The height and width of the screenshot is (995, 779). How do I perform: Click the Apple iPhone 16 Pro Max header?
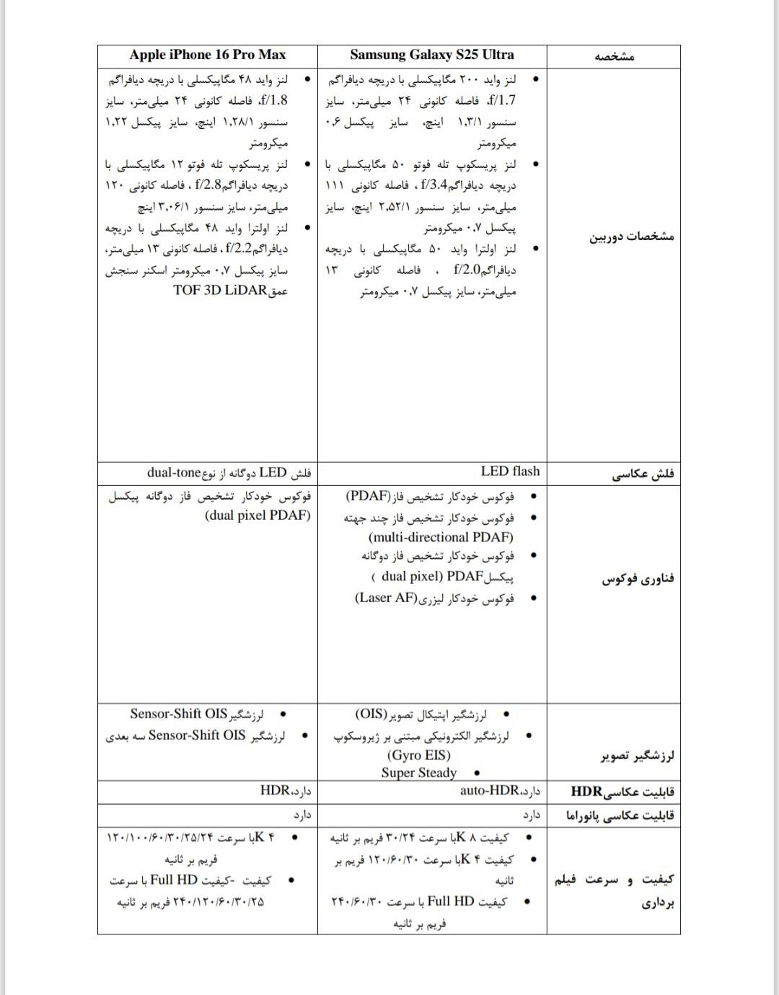208,55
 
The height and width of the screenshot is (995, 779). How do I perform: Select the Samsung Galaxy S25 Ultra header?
432,55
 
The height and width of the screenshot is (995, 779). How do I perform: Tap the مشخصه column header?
614,56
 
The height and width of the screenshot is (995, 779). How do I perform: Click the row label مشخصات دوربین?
632,236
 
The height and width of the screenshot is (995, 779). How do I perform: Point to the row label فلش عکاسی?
643,474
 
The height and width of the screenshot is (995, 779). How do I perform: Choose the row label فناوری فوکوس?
638,579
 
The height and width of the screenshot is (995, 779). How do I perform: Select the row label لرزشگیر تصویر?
637,756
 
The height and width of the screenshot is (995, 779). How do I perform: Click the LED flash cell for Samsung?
510,472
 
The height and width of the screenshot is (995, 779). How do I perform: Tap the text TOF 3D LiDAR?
220,291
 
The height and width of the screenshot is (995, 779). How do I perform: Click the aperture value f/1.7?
503,100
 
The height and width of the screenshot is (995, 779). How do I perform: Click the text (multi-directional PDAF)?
441,537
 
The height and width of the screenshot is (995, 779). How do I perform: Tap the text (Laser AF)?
387,598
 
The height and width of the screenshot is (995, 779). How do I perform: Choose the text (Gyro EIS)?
418,755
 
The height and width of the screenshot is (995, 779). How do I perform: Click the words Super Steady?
419,773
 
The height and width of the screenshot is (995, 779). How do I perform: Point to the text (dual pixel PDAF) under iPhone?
258,515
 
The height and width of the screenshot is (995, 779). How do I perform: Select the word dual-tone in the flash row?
173,473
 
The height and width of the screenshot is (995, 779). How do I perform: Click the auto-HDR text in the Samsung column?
490,791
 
